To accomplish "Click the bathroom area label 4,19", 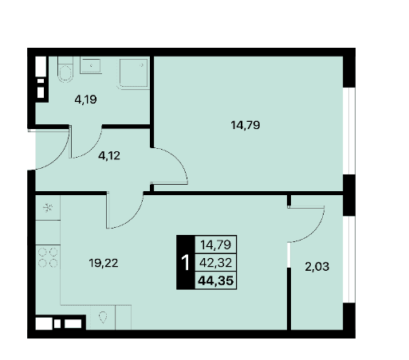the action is coord(85,100).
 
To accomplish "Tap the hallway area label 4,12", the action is coord(109,155).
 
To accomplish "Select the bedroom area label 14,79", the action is coord(246,125).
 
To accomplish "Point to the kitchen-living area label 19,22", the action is coord(104,263).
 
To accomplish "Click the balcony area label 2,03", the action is coord(317,267).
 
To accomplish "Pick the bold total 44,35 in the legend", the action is coord(216,280).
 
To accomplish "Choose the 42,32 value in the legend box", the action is coord(216,263).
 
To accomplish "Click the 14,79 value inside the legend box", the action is coord(215,245).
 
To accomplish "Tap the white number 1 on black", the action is coord(186,263).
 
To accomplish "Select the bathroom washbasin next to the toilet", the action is coord(91,66).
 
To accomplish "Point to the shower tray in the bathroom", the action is coord(133,74).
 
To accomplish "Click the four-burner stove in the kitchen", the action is coord(48,257).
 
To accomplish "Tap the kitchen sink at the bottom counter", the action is coord(103,317).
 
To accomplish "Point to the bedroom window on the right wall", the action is coord(349,131).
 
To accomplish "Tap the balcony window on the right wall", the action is coord(349,259).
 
